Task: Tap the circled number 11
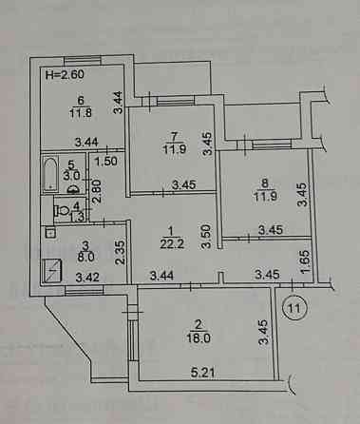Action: pos(296,306)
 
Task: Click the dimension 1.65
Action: pos(303,259)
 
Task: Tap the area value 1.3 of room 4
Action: pos(77,218)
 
